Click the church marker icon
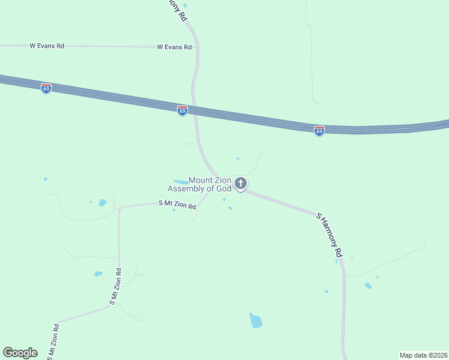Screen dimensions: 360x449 click(x=241, y=183)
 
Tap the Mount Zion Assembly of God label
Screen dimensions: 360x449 click(x=200, y=184)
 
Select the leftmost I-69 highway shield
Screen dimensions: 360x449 click(x=46, y=88)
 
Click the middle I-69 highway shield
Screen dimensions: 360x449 click(x=182, y=111)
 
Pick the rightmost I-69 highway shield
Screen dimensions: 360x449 click(x=319, y=131)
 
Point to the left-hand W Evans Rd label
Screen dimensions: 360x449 click(x=47, y=46)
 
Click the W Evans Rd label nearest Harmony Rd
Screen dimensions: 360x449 click(x=174, y=47)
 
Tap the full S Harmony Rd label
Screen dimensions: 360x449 click(x=330, y=235)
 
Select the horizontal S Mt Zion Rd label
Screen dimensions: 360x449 click(x=177, y=205)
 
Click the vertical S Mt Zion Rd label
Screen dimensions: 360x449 click(x=115, y=287)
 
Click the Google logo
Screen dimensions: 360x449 click(x=20, y=353)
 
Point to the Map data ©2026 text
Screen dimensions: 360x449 click(x=423, y=355)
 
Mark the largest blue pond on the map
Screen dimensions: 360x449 click(x=256, y=320)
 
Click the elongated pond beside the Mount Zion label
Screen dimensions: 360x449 click(x=180, y=182)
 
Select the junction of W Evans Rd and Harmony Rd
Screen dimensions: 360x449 click(x=197, y=47)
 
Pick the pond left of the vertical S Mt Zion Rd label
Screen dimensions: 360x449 click(x=98, y=274)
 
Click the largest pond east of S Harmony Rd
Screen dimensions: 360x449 click(x=368, y=286)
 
